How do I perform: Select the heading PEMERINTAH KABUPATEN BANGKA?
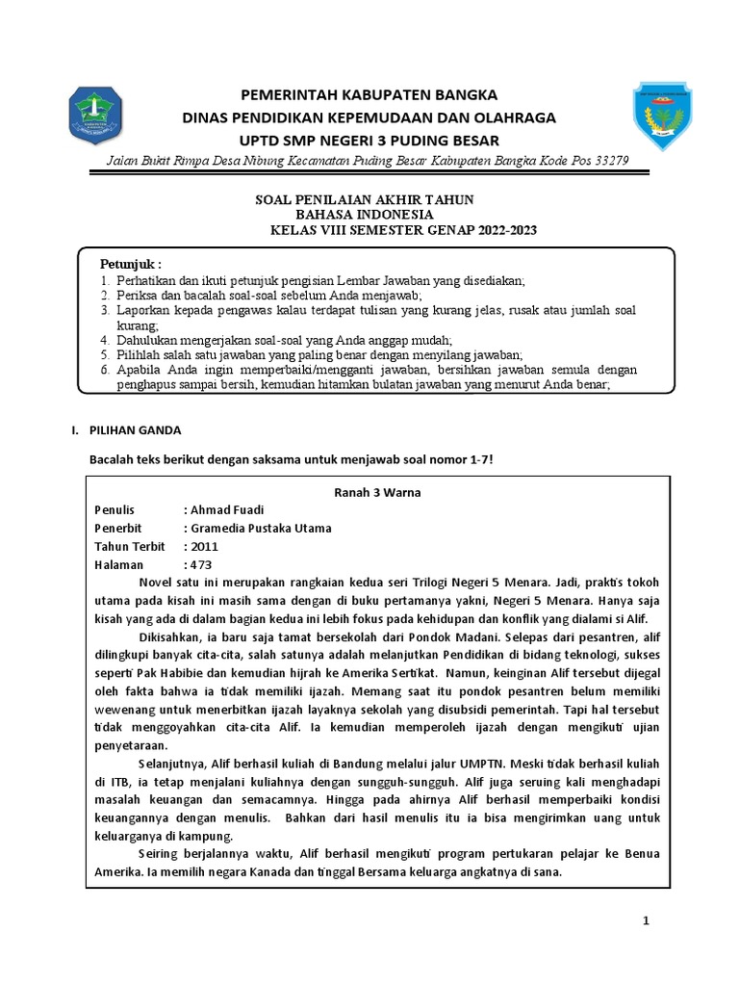[x=369, y=95]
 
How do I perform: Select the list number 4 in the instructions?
[x=106, y=340]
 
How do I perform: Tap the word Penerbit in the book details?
[x=119, y=529]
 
